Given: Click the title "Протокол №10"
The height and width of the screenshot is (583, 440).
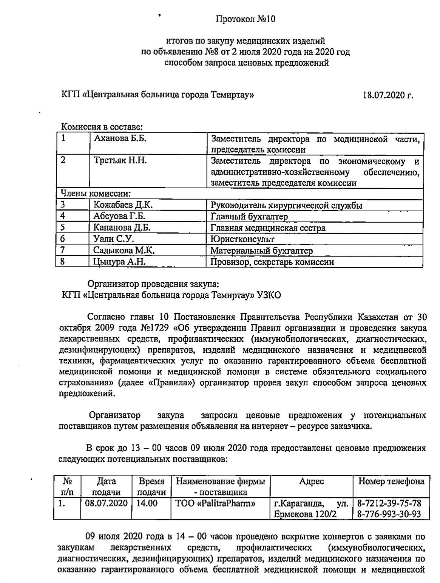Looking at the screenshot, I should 245,19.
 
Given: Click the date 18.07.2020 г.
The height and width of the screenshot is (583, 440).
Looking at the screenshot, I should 388,95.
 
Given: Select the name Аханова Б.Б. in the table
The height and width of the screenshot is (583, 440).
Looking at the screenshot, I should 120,138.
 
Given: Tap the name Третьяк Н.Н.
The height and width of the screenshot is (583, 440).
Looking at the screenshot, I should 120,161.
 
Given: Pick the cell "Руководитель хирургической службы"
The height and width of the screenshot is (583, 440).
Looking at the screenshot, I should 286,206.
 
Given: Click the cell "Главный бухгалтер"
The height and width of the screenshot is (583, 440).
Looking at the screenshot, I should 249,217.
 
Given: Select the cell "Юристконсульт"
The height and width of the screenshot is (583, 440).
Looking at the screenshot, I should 242,239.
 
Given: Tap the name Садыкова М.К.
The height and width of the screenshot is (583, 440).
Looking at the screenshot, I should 124,250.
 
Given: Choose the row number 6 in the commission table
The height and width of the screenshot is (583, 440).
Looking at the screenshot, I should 63,239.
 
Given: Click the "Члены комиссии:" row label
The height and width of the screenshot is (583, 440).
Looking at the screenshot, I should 96,194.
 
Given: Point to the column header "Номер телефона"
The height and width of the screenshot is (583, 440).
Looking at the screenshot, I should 391,481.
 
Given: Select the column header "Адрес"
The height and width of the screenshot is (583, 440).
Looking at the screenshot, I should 311,481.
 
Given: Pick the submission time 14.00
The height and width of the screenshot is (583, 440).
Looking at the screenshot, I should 147,503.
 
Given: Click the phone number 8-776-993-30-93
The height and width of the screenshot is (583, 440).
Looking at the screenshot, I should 389,514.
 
